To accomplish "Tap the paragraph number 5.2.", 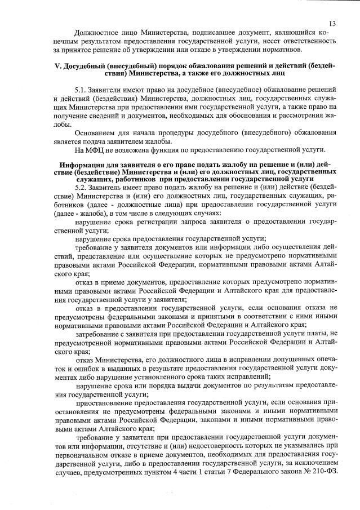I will click(82, 186).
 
